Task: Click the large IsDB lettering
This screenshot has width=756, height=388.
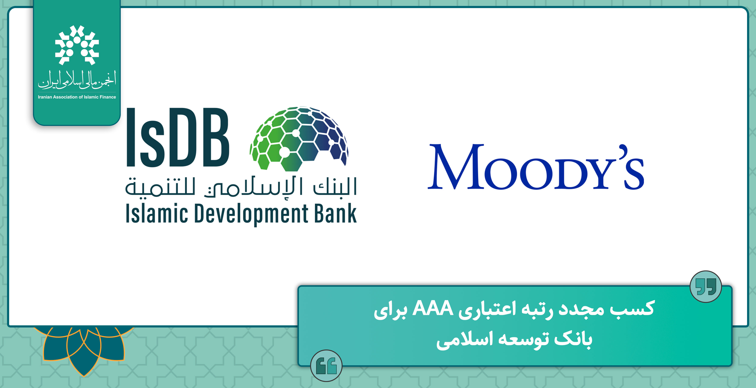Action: coord(178,137)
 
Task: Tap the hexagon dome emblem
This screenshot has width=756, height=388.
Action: coord(299,139)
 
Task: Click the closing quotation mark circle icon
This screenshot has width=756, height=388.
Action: coord(706,286)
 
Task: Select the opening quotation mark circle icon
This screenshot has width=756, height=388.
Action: coord(326,365)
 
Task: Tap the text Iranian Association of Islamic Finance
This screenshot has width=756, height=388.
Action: coord(77,97)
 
